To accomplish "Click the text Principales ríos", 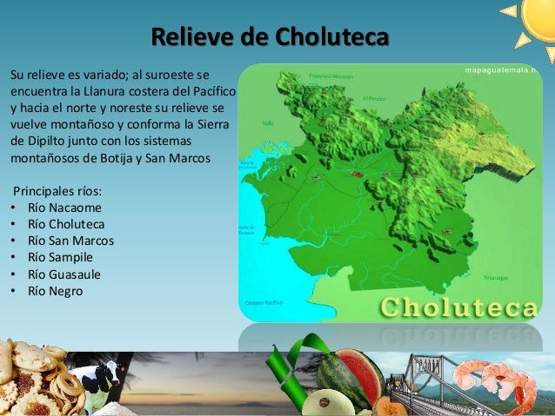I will (56, 189).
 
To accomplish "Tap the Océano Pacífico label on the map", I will (266, 301).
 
